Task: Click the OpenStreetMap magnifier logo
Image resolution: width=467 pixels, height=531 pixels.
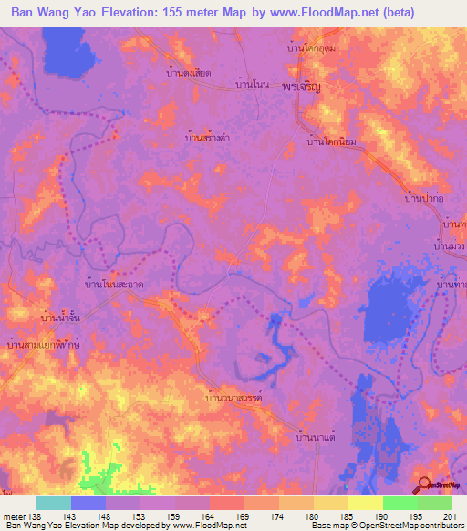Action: click(x=427, y=485)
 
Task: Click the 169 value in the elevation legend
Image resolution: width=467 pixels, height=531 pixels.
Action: click(x=241, y=516)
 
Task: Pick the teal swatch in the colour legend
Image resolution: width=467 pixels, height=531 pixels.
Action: click(x=53, y=503)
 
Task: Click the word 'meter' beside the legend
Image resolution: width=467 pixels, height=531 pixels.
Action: click(x=15, y=516)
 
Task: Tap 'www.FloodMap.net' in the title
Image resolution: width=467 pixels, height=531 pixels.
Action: click(x=306, y=13)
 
